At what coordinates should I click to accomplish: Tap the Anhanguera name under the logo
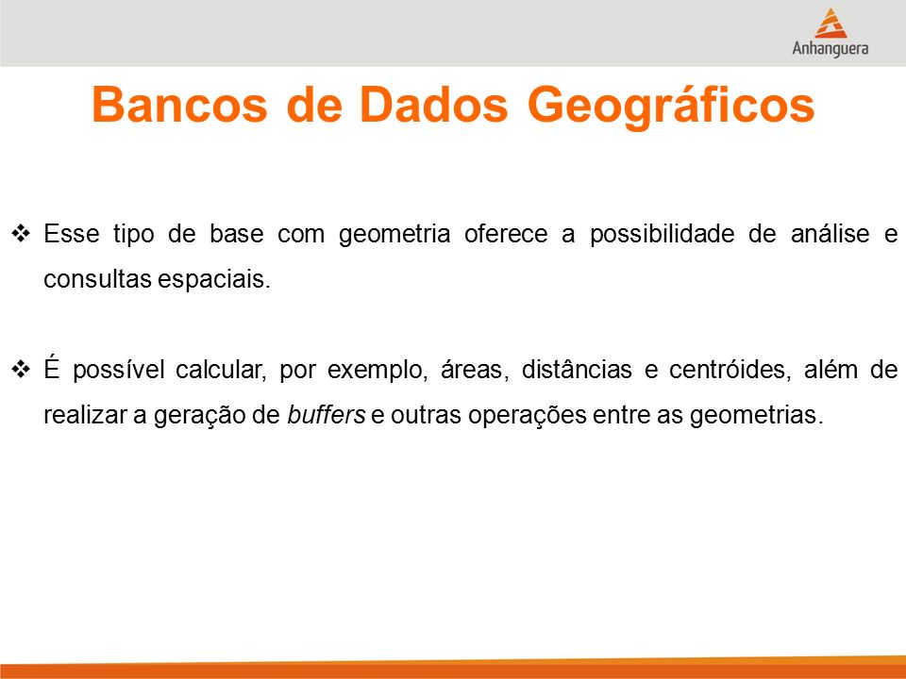tap(830, 48)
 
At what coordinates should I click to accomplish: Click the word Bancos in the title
tap(179, 105)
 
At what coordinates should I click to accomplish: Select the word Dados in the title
tap(433, 105)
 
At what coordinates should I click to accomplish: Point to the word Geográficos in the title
tap(671, 108)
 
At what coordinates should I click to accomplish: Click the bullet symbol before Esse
tap(21, 234)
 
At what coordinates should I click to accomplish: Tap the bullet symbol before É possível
tap(21, 369)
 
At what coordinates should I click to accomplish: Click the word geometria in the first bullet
tap(394, 235)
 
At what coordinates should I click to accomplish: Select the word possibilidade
tap(663, 235)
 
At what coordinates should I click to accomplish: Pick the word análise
tap(830, 233)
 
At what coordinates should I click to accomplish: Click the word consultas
tap(97, 279)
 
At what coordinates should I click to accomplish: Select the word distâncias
tap(577, 369)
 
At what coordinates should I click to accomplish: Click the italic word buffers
tap(327, 415)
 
